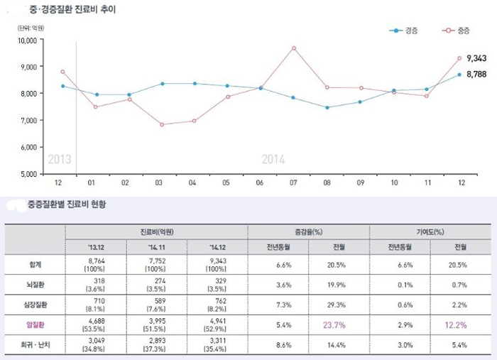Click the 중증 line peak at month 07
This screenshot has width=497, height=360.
[x=293, y=48]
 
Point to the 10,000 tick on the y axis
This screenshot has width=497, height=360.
[x=27, y=40]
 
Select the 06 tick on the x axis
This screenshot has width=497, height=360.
[x=260, y=182]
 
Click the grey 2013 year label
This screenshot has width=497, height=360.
[x=59, y=159]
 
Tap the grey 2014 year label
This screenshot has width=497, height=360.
[x=273, y=159]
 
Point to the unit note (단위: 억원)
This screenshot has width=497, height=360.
[x=31, y=28]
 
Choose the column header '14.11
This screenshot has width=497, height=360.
[x=155, y=246]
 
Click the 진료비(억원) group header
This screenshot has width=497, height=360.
[x=156, y=231]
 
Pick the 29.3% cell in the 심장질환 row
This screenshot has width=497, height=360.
[x=337, y=304]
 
